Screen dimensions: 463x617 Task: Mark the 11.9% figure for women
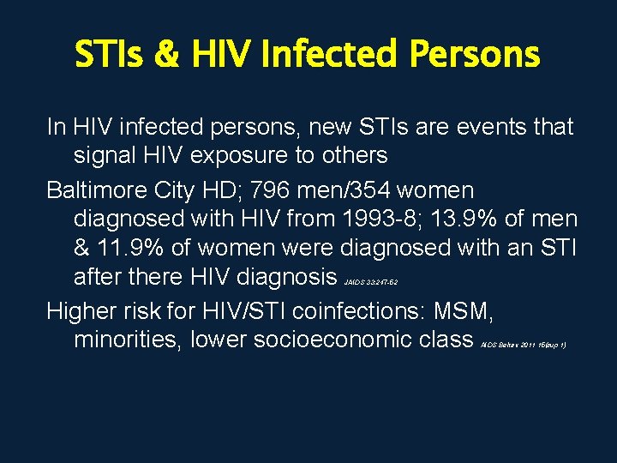[x=126, y=248]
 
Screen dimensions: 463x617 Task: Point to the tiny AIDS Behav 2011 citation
[x=523, y=344]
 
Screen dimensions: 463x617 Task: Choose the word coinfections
[x=372, y=310]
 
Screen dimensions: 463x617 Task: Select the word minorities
[x=127, y=340]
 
